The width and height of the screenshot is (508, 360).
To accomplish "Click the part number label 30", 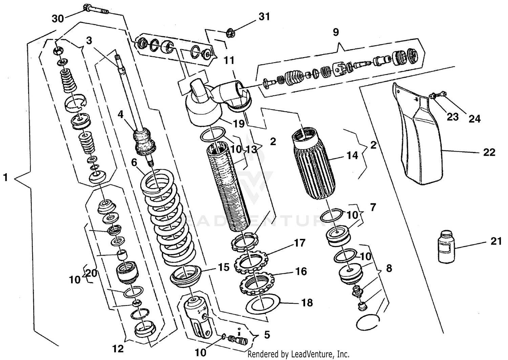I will pos(58,19).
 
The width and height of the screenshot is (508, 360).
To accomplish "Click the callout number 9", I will pos(336,32).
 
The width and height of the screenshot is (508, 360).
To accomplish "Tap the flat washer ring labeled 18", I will pos(262,303).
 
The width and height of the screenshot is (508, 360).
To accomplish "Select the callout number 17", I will pos(299,243).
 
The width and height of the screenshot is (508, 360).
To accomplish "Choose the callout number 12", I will pos(118,348).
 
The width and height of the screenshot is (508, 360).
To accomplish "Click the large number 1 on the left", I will pos(5,177).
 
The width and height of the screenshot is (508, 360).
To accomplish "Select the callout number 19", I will pos(239,123).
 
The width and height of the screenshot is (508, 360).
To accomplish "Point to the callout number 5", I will pos(267,335).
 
